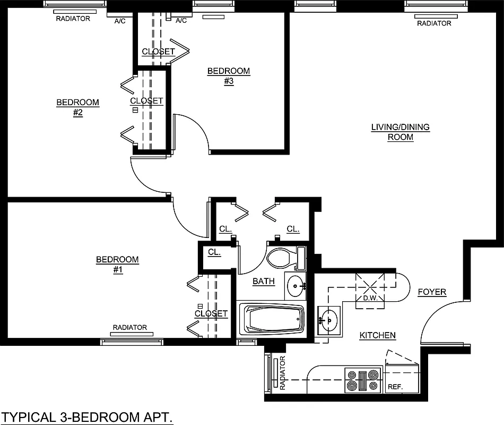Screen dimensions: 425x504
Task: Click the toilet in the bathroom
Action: [x=281, y=259]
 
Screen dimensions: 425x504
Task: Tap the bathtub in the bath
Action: [x=271, y=319]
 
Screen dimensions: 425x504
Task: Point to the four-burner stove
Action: [x=363, y=380]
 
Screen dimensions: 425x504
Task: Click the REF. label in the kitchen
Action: [x=395, y=387]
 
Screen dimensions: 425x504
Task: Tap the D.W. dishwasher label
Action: [x=370, y=297]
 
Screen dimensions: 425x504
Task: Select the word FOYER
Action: [x=432, y=292]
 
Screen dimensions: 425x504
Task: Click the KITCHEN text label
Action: [x=378, y=335]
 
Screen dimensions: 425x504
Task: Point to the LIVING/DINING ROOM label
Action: [x=393, y=132]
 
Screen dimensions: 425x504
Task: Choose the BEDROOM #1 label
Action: [x=117, y=265]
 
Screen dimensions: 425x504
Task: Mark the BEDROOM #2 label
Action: [x=78, y=107]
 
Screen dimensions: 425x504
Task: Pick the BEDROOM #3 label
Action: [x=228, y=76]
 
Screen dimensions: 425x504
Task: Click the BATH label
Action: [x=264, y=281]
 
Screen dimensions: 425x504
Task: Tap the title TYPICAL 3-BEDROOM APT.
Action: [x=88, y=417]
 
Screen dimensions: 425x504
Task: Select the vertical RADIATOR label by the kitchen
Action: [x=282, y=373]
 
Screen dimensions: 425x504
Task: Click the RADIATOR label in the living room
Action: [x=434, y=23]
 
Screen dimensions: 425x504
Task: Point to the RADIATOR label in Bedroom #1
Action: [x=129, y=327]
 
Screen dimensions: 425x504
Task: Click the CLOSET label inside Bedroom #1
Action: [x=211, y=313]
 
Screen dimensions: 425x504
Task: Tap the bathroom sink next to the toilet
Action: [x=296, y=286]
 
